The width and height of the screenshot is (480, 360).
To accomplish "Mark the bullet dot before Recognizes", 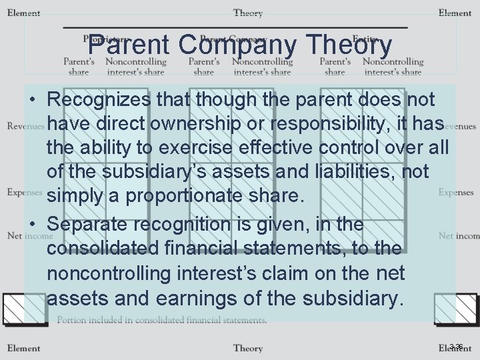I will point(33,101).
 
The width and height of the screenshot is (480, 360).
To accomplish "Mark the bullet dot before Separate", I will point(33,225).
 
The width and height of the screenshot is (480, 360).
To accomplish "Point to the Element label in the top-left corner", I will point(23,13).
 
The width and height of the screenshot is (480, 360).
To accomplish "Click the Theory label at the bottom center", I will point(247,348).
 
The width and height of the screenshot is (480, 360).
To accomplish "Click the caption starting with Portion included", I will point(161,320).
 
